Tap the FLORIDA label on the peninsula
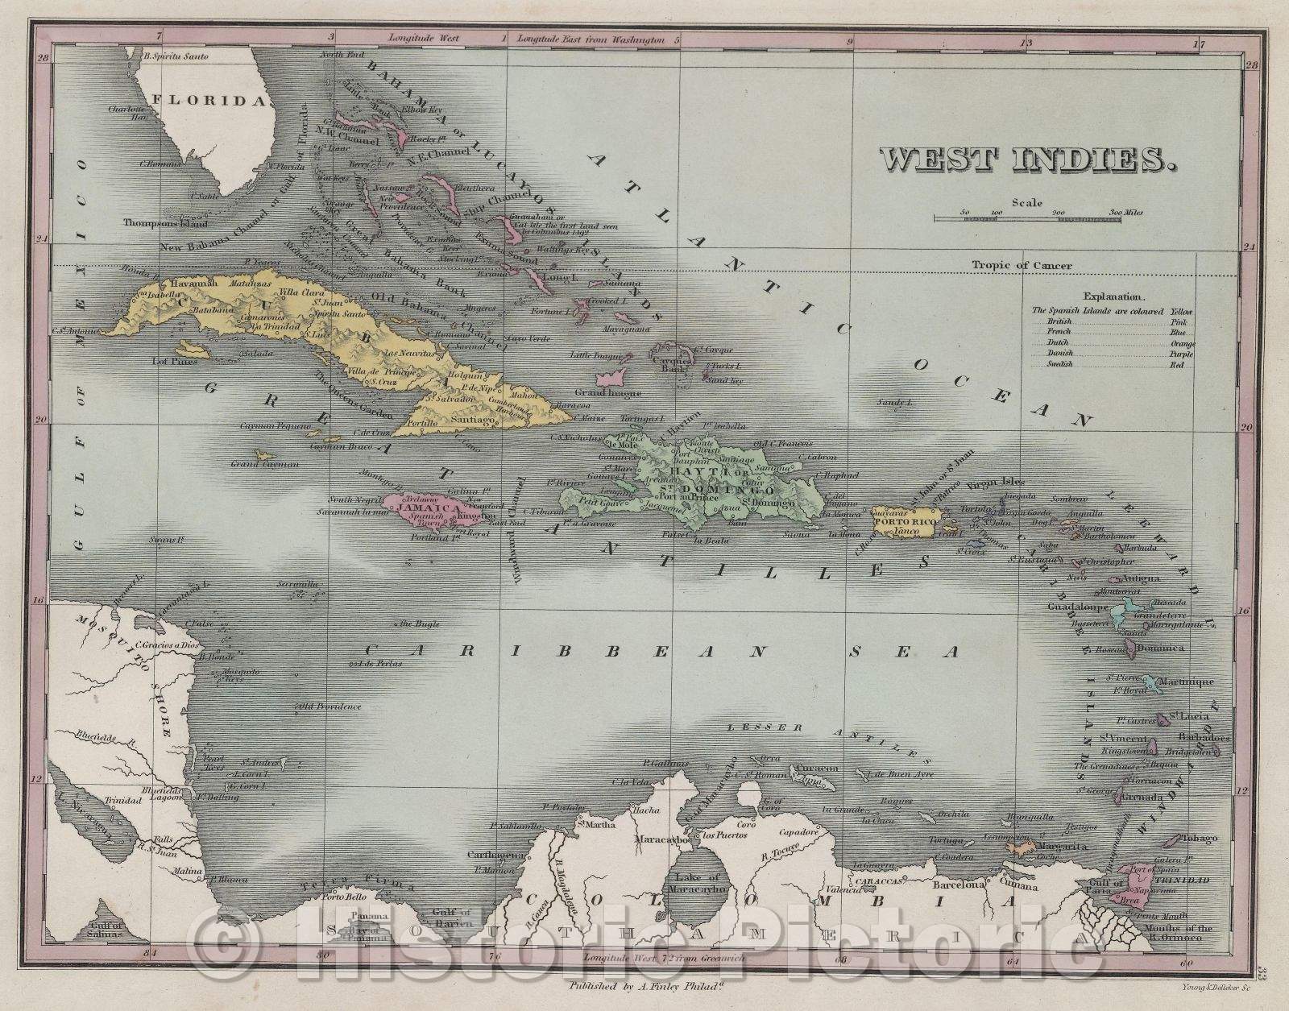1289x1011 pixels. (x=213, y=101)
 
